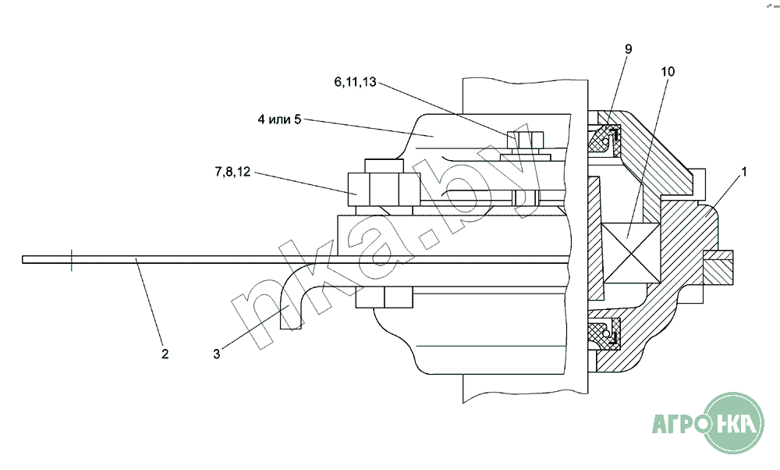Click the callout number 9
tap(628, 48)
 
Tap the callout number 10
tap(668, 72)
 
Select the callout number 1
tap(744, 172)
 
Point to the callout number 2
tap(165, 354)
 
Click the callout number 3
tap(216, 354)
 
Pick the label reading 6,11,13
tap(355, 82)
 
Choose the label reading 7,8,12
tap(232, 172)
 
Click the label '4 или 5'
tap(279, 119)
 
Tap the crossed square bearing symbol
tap(631, 253)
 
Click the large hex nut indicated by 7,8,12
tap(384, 189)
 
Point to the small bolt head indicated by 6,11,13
tap(525, 140)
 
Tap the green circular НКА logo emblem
tap(733, 423)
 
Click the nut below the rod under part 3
tap(384, 297)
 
